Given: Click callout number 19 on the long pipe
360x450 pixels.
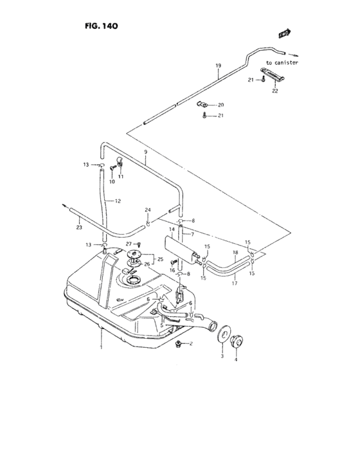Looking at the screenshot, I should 218,66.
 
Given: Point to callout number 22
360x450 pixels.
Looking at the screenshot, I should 274,91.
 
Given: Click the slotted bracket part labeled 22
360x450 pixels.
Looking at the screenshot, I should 273,75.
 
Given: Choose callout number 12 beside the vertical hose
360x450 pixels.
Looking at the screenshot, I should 118,201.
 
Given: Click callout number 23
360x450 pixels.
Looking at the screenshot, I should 78,227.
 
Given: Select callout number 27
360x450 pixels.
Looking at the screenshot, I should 129,244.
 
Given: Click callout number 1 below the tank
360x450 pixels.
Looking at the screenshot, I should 101,348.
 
